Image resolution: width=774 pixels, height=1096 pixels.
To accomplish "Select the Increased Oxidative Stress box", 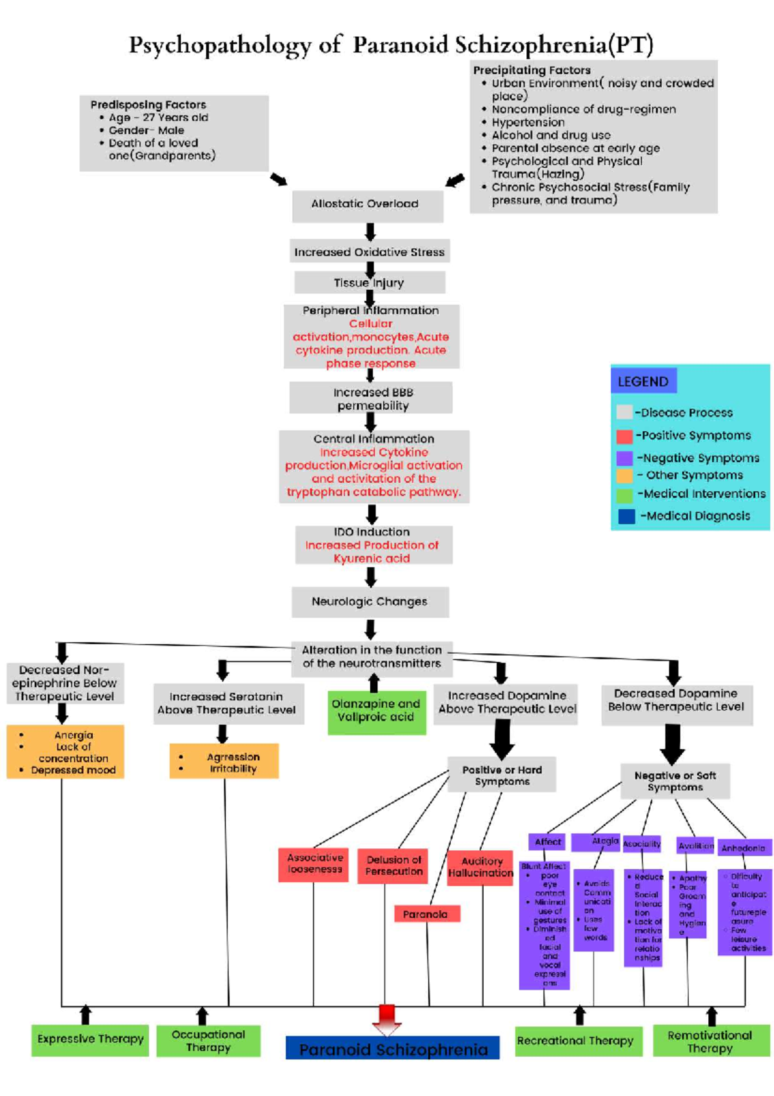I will [x=369, y=252].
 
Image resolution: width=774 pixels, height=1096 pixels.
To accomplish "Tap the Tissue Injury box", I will [x=369, y=283].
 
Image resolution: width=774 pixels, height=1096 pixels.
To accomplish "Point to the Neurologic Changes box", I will [x=370, y=602].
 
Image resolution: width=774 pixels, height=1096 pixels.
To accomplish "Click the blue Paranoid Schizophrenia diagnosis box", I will [x=393, y=1050].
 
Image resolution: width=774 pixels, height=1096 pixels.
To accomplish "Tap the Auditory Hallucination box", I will [x=481, y=868].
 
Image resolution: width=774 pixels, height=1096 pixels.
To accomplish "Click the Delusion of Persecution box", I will [x=393, y=866].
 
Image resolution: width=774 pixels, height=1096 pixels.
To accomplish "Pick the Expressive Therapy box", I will [x=90, y=1039].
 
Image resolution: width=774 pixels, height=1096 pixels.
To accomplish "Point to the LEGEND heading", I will [x=642, y=381].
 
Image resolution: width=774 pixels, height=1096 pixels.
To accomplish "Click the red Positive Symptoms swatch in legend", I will [x=624, y=436].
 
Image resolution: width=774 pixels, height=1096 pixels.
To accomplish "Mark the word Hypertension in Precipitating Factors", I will [x=528, y=123].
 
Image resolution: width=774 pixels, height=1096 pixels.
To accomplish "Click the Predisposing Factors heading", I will [x=148, y=105].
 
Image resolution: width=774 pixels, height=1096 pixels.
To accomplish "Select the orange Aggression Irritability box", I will [x=224, y=762].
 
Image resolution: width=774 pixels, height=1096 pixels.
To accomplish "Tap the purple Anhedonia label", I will [x=744, y=848].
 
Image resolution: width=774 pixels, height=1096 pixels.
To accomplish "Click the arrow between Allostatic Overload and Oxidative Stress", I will [x=370, y=232].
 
